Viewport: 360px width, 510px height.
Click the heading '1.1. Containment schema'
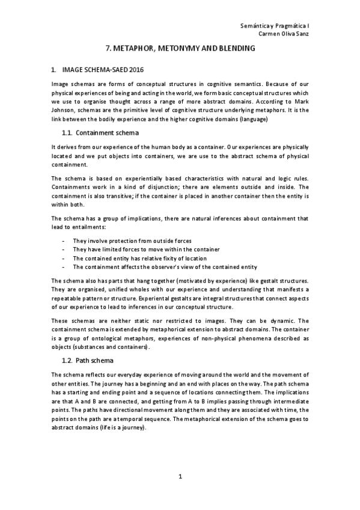click(x=100, y=132)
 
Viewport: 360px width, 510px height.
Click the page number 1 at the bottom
click(x=180, y=477)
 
